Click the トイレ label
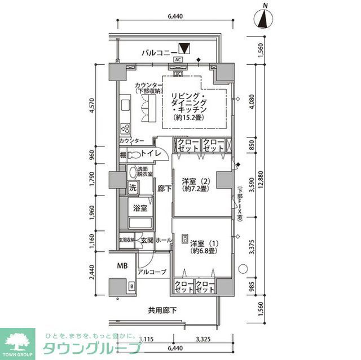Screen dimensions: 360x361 point(151,154)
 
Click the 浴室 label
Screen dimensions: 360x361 point(140,208)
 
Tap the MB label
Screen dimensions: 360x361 point(122,265)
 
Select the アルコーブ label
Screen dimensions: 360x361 point(152,272)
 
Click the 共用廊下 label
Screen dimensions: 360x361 point(162,310)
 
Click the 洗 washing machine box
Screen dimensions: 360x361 point(134,187)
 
